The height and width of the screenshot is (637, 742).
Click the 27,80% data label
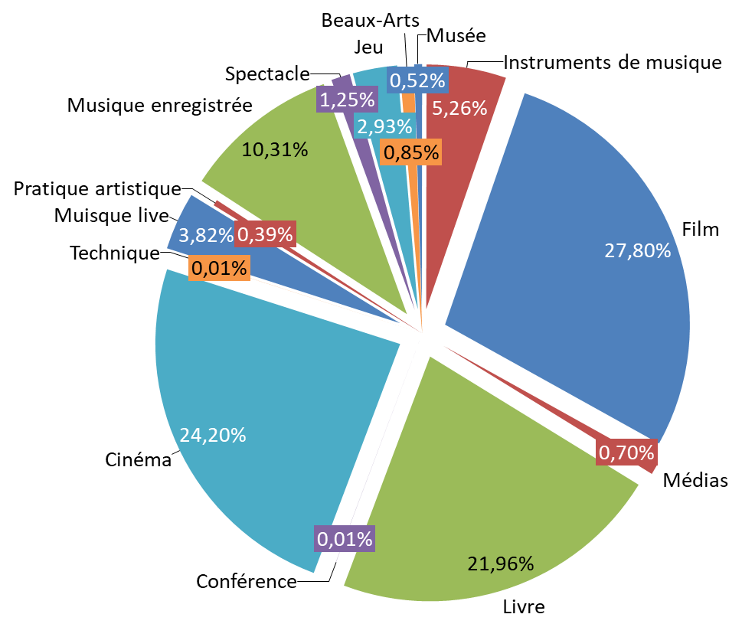637,250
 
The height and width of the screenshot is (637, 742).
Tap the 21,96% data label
500,564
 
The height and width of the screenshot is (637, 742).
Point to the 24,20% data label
213,435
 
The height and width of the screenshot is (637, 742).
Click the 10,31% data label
274,150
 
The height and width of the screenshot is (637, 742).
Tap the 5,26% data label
459,109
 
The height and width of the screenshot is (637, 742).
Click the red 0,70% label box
626,453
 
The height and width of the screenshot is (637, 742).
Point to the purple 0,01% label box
345,539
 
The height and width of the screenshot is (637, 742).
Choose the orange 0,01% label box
219,268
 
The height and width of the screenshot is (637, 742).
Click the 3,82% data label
205,236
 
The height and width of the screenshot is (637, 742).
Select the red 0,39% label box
265,235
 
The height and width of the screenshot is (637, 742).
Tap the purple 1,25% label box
347,100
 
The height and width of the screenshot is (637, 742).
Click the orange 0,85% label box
411,152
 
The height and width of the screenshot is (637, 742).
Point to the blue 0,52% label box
417,80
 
